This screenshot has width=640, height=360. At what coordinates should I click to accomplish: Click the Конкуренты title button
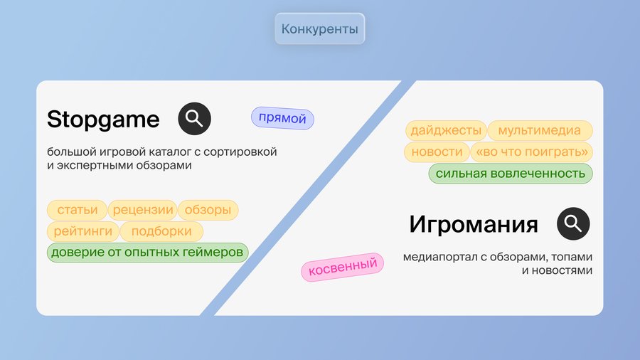pos(319,28)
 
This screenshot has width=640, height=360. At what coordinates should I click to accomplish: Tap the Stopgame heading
pos(103,120)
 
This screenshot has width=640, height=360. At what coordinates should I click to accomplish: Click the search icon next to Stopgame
pos(194,118)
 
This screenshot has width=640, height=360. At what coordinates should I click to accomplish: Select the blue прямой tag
pos(282,118)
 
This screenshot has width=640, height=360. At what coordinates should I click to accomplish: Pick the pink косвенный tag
pos(343,267)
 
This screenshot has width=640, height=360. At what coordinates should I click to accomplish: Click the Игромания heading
pos(474,224)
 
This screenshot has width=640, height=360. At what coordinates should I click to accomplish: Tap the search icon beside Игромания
pos(573,223)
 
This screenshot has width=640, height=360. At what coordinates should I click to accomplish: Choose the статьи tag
pos(77,210)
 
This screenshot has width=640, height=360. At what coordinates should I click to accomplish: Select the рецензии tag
pos(143,210)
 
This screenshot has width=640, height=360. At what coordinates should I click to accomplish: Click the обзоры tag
pos(208,210)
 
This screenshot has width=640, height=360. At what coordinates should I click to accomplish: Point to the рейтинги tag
pos(83,231)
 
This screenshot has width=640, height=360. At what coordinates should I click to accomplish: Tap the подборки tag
pos(161,231)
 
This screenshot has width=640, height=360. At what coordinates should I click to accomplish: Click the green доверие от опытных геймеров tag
pos(147,253)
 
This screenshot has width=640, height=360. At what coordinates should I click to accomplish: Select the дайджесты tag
pos(446,130)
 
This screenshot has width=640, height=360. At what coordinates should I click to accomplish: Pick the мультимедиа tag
pos(540,130)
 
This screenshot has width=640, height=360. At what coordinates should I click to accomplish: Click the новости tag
pos(437,152)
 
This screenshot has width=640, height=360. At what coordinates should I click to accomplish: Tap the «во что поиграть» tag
pos(532,152)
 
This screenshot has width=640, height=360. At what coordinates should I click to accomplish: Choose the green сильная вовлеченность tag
pos(511,174)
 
